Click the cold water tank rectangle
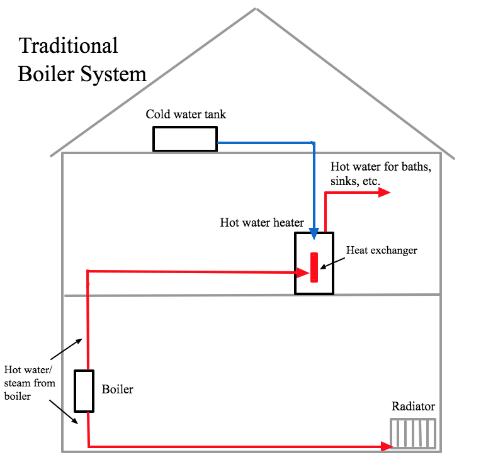click(x=184, y=138)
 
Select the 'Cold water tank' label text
click(x=186, y=115)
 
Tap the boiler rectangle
click(x=84, y=391)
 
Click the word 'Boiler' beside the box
click(x=118, y=390)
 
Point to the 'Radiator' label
click(x=413, y=407)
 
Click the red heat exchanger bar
click(x=314, y=267)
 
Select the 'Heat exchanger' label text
click(x=382, y=250)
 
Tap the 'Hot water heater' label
click(x=262, y=222)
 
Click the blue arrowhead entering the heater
click(x=314, y=234)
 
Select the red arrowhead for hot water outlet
click(x=385, y=193)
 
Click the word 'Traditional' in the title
click(x=68, y=46)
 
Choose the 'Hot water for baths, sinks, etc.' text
click(x=380, y=174)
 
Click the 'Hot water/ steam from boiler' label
click(x=30, y=383)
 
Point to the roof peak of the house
click(x=256, y=9)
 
